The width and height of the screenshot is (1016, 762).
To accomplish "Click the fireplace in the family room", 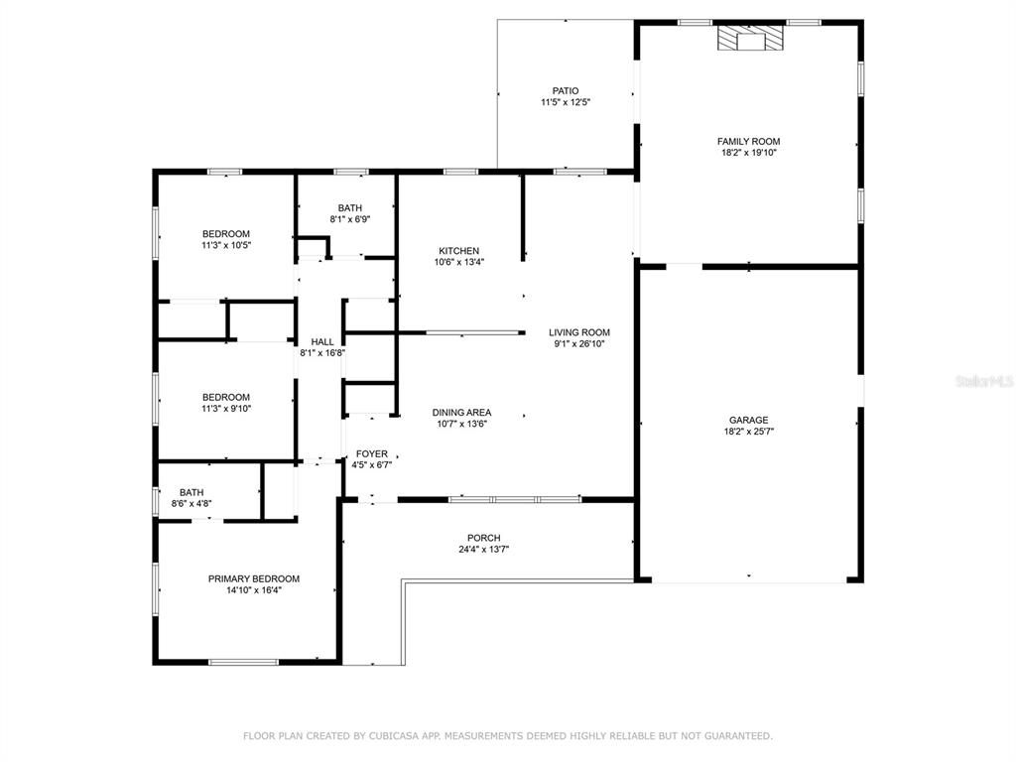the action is click(x=750, y=38).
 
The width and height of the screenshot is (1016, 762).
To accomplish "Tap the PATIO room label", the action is click(x=566, y=90).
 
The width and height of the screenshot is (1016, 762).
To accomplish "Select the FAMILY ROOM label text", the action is click(x=748, y=141).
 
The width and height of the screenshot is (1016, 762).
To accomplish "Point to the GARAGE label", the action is click(x=748, y=420).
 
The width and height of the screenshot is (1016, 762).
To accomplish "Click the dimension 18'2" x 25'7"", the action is click(x=748, y=432).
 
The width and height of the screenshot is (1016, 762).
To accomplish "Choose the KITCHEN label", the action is click(x=458, y=251).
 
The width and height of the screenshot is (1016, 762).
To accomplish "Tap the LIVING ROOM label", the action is click(x=579, y=332).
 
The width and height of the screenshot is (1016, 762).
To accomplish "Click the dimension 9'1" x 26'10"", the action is click(x=579, y=344).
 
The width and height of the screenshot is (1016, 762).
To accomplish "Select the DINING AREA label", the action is click(x=461, y=412).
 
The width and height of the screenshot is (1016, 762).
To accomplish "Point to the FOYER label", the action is click(x=371, y=454).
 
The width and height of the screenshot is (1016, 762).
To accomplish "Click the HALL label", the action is click(x=322, y=341).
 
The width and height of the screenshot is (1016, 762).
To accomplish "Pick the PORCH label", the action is click(x=483, y=538).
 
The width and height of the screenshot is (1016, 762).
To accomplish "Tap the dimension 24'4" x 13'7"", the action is click(x=483, y=550).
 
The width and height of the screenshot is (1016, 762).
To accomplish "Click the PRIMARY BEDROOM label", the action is click(x=253, y=578).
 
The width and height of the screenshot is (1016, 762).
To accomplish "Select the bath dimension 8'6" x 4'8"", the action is click(x=191, y=503).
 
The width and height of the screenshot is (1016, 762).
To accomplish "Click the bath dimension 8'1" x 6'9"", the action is click(x=350, y=219).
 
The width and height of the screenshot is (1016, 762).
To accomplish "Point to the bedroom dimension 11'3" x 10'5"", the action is click(x=225, y=246).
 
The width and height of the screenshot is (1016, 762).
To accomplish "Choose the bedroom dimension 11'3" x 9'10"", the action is click(x=225, y=409).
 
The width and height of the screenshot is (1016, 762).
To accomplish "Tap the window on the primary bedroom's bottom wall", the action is click(x=244, y=662).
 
